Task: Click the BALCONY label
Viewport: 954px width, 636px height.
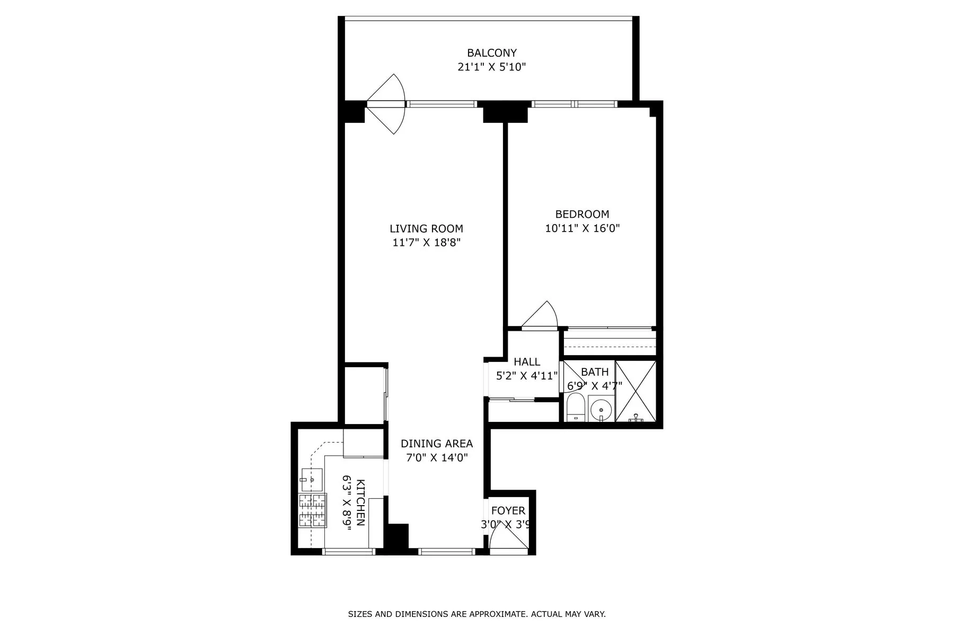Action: click(x=491, y=53)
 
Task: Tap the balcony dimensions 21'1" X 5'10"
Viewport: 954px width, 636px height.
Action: click(x=491, y=67)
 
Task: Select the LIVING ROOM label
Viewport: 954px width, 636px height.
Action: click(x=426, y=228)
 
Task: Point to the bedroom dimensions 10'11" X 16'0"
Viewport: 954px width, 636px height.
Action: click(x=582, y=228)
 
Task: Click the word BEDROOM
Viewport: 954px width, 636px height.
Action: click(x=582, y=214)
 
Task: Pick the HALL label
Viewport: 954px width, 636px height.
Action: click(x=527, y=361)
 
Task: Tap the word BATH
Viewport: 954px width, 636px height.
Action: click(x=595, y=372)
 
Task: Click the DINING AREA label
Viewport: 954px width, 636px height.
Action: click(x=436, y=444)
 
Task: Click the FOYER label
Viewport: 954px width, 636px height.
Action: click(x=508, y=510)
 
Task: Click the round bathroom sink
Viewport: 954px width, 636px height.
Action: click(x=601, y=410)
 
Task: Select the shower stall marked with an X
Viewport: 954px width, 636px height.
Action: click(x=635, y=391)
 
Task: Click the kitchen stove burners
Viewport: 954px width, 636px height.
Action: click(x=311, y=510)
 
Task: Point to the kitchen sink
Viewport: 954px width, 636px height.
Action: click(x=312, y=479)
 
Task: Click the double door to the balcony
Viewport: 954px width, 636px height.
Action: click(x=386, y=104)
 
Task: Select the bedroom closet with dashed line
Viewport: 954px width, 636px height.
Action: click(x=609, y=342)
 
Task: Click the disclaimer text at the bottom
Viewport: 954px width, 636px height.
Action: click(x=476, y=614)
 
